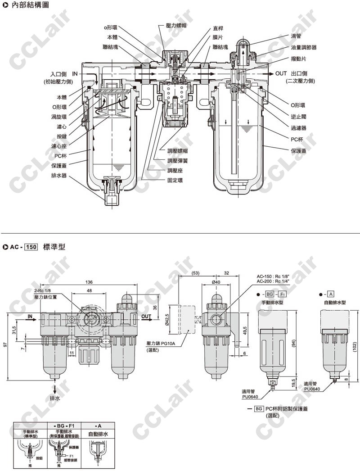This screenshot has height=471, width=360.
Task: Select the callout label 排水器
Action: point(59,176)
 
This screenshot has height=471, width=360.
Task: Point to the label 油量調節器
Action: point(304,47)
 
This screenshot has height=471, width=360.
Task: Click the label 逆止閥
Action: point(298,116)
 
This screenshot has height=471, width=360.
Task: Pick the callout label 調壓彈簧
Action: point(176,160)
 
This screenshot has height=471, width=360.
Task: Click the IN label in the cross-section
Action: point(75,73)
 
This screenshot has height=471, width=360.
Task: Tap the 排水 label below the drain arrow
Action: point(54,398)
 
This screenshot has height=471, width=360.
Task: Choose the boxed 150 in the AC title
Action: point(31,247)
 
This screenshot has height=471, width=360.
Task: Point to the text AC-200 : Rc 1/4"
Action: point(272,281)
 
